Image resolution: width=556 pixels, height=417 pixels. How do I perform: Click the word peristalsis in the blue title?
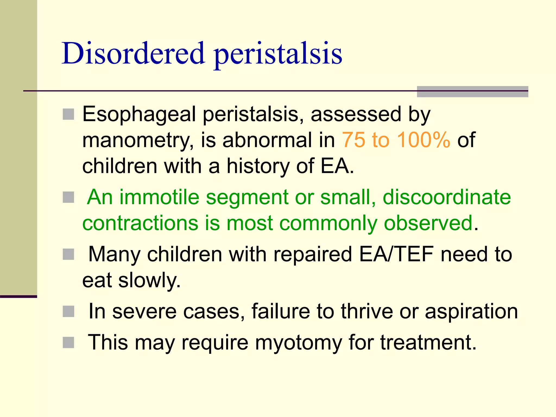[278, 54]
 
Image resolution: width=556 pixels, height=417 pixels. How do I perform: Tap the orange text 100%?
[424, 140]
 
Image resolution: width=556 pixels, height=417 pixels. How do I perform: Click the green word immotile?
[159, 197]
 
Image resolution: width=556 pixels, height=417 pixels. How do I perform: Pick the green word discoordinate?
[447, 197]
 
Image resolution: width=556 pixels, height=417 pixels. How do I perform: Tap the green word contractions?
[140, 223]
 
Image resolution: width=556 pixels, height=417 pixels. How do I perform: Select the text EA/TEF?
[396, 254]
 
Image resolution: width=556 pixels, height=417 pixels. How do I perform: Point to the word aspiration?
[471, 312]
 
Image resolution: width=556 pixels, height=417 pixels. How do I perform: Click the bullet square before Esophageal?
[68, 114]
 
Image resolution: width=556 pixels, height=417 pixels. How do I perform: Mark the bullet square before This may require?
[68, 343]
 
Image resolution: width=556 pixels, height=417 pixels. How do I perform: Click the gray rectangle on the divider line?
[472, 92]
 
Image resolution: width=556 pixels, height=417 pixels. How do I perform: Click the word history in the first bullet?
[258, 166]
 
